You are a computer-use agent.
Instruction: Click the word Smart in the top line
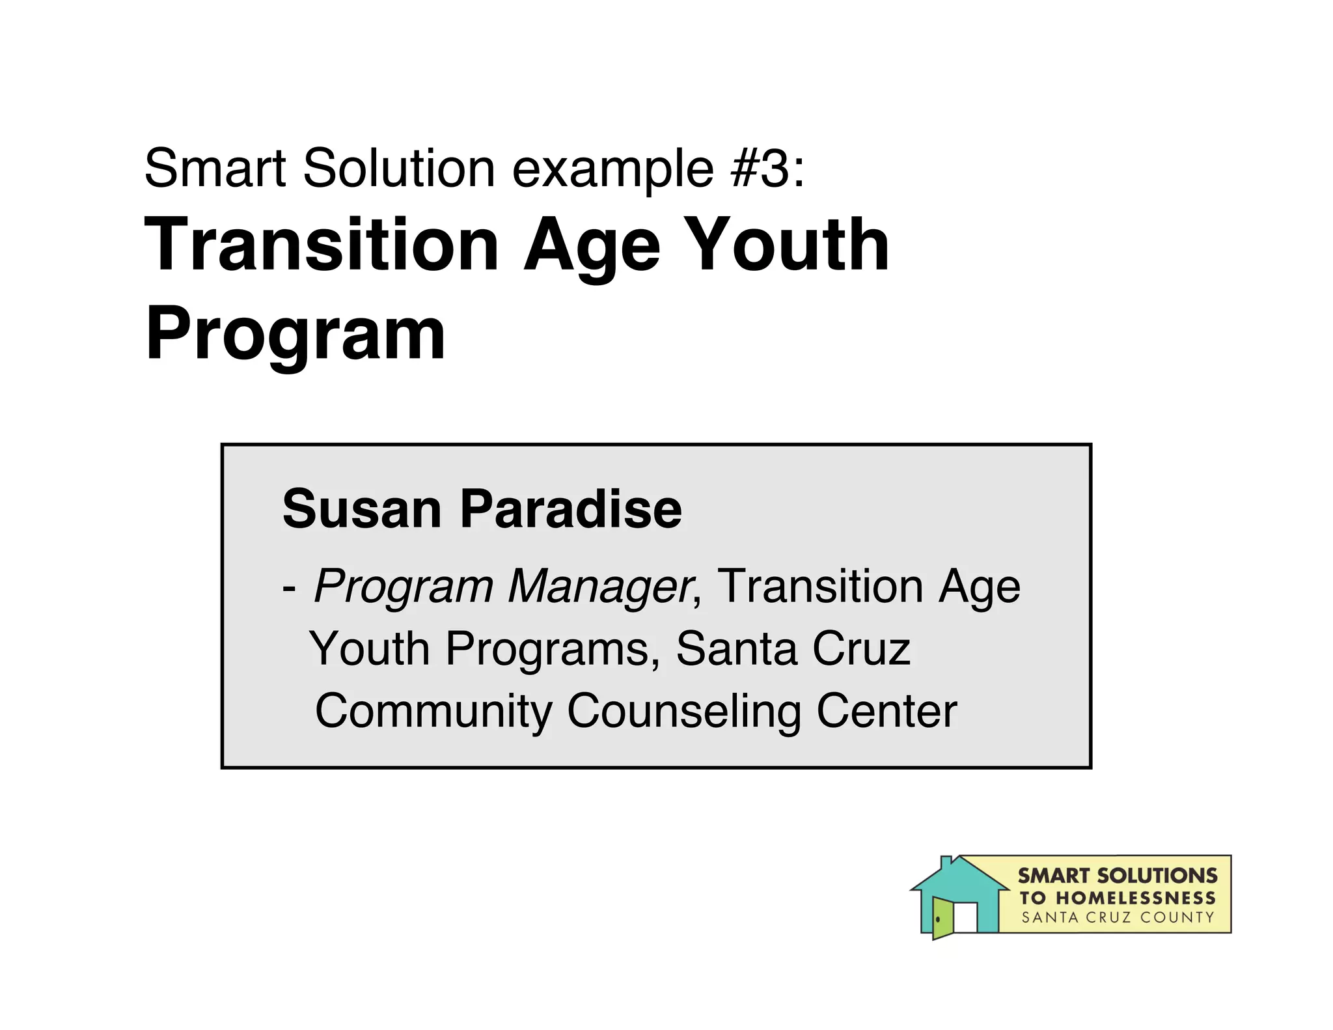215,169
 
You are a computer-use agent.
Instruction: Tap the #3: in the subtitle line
768,169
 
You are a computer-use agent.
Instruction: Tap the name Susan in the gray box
362,509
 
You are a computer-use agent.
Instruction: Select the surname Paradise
571,509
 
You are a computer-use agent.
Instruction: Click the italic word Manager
599,586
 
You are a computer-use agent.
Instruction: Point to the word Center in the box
886,711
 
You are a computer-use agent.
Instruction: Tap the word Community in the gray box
433,712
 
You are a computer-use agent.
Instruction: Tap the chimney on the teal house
946,863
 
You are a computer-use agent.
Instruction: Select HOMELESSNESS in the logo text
1135,898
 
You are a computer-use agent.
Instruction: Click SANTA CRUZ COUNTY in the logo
1118,918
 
